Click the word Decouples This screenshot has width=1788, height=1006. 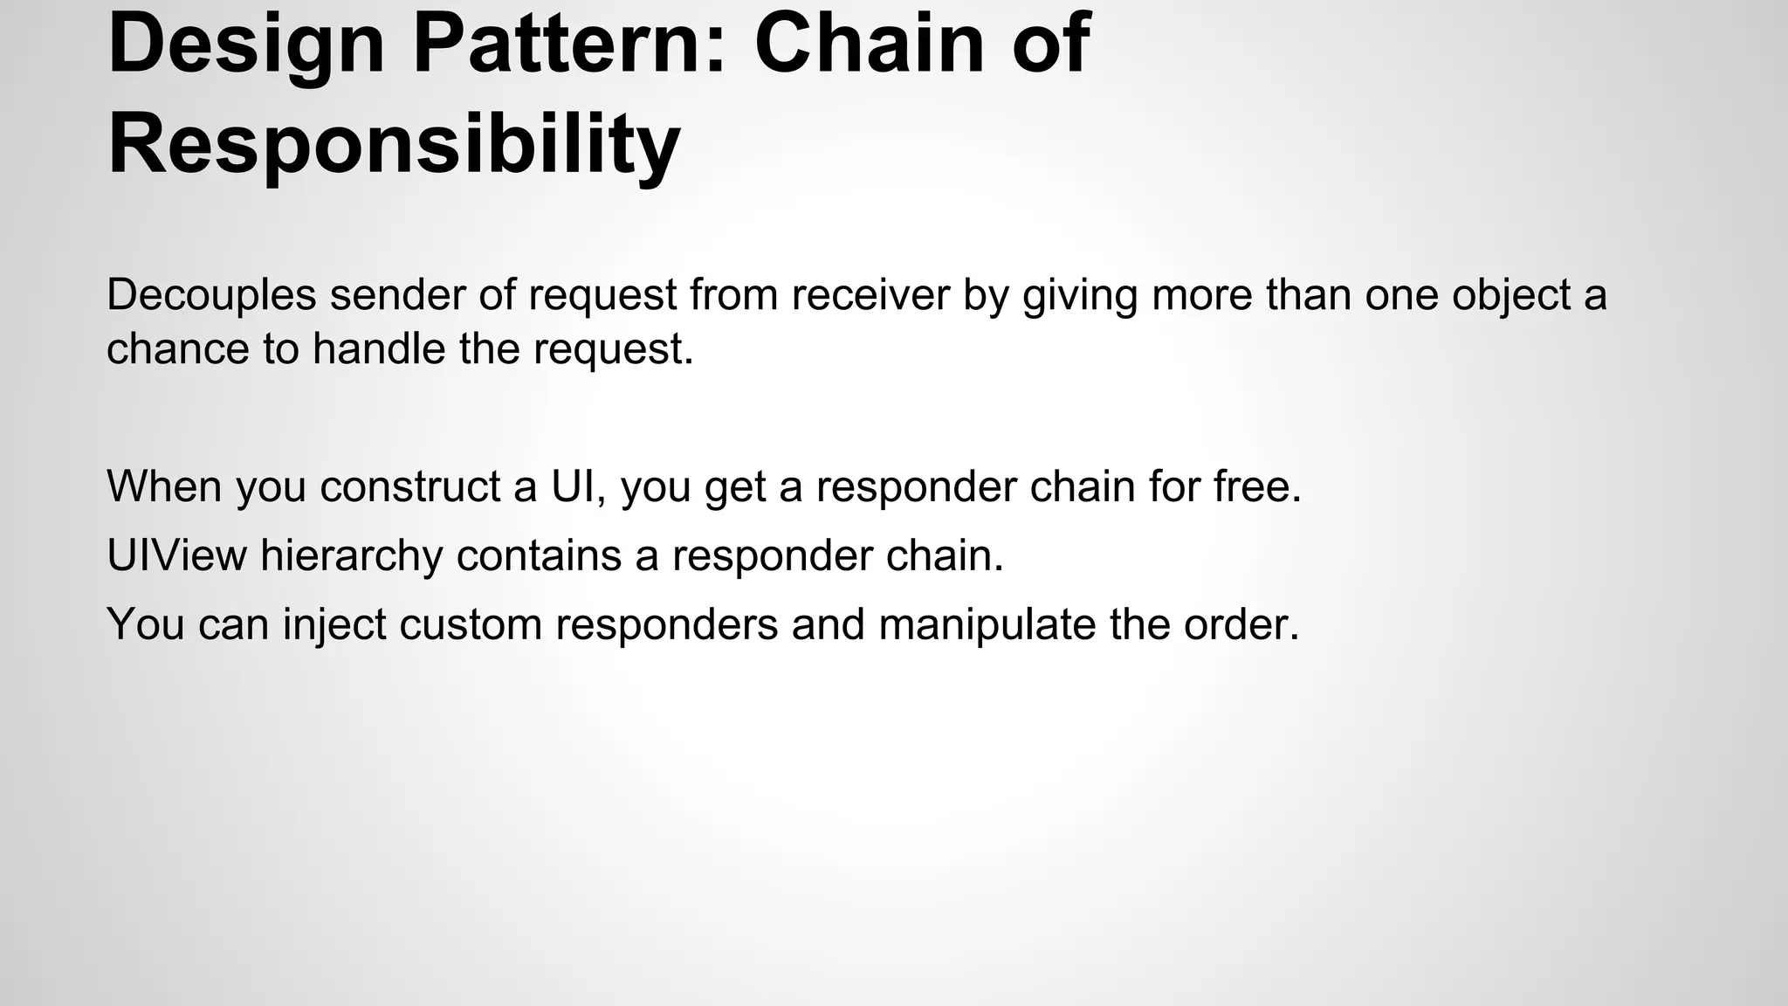[x=211, y=295]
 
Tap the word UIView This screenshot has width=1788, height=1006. [x=177, y=555]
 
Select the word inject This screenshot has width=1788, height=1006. [x=334, y=625]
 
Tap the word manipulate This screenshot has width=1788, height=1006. [x=987, y=625]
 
